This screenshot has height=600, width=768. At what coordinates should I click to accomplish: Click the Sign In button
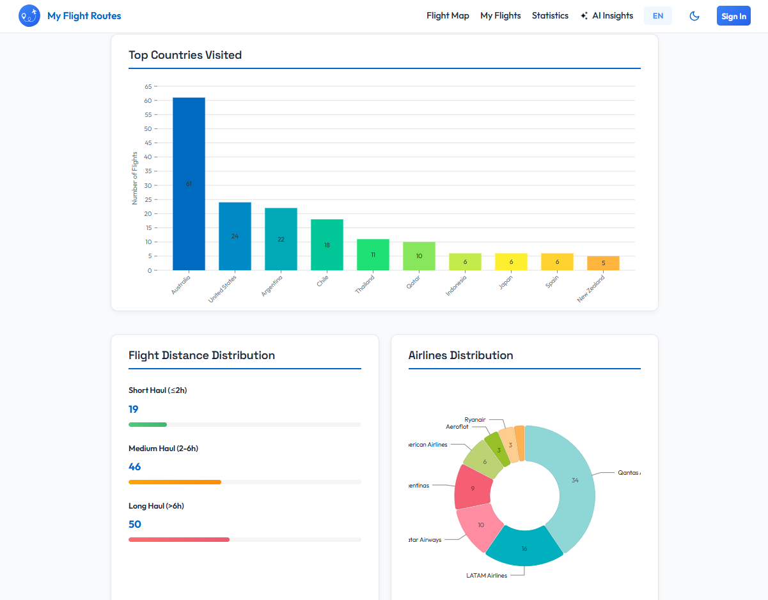(x=733, y=16)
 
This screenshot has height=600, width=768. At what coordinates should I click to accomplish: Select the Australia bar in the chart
(x=189, y=183)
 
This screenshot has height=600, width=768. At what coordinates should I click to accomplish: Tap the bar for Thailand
(x=373, y=254)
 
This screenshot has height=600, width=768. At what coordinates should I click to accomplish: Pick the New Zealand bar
(x=603, y=263)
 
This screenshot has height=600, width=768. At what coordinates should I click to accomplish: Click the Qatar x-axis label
(x=414, y=282)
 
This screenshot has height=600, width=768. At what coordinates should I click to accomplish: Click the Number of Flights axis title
(x=135, y=178)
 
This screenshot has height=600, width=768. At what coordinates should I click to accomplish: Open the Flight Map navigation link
(x=448, y=16)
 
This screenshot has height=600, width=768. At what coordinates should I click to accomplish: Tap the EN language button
(x=657, y=16)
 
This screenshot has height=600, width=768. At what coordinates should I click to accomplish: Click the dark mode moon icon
(x=694, y=16)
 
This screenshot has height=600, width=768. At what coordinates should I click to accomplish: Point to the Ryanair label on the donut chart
(x=475, y=420)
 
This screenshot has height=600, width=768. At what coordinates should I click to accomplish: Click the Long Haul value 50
(x=135, y=525)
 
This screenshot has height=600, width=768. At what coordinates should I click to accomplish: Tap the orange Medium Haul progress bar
(x=175, y=482)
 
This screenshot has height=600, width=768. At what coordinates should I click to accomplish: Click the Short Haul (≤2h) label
(x=157, y=390)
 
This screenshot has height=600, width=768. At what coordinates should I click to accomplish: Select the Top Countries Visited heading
(x=185, y=55)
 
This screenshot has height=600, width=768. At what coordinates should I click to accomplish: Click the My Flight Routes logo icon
(x=29, y=16)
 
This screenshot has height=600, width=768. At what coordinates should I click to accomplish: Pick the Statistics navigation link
(x=550, y=16)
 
